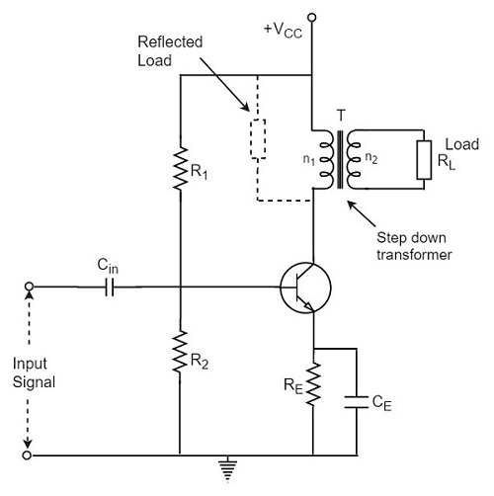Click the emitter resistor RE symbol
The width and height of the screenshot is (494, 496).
click(x=314, y=383)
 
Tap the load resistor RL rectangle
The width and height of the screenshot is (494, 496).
click(x=424, y=159)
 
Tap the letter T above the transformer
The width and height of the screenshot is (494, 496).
click(x=341, y=114)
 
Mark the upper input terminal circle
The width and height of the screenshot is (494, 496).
click(x=29, y=288)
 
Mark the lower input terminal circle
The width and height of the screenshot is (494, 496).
click(x=29, y=455)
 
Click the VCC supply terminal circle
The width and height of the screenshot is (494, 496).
click(x=314, y=17)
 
